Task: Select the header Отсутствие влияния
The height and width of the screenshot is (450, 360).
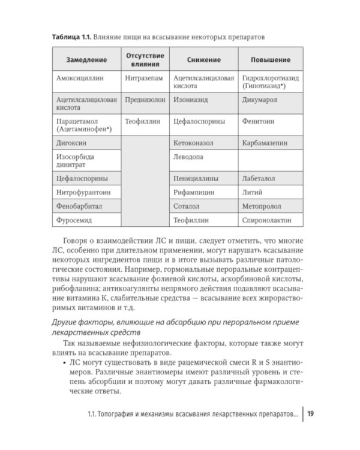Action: (x=144, y=60)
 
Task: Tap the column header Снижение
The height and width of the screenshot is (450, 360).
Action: (x=203, y=61)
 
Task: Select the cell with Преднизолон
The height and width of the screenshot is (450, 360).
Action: (x=145, y=101)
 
